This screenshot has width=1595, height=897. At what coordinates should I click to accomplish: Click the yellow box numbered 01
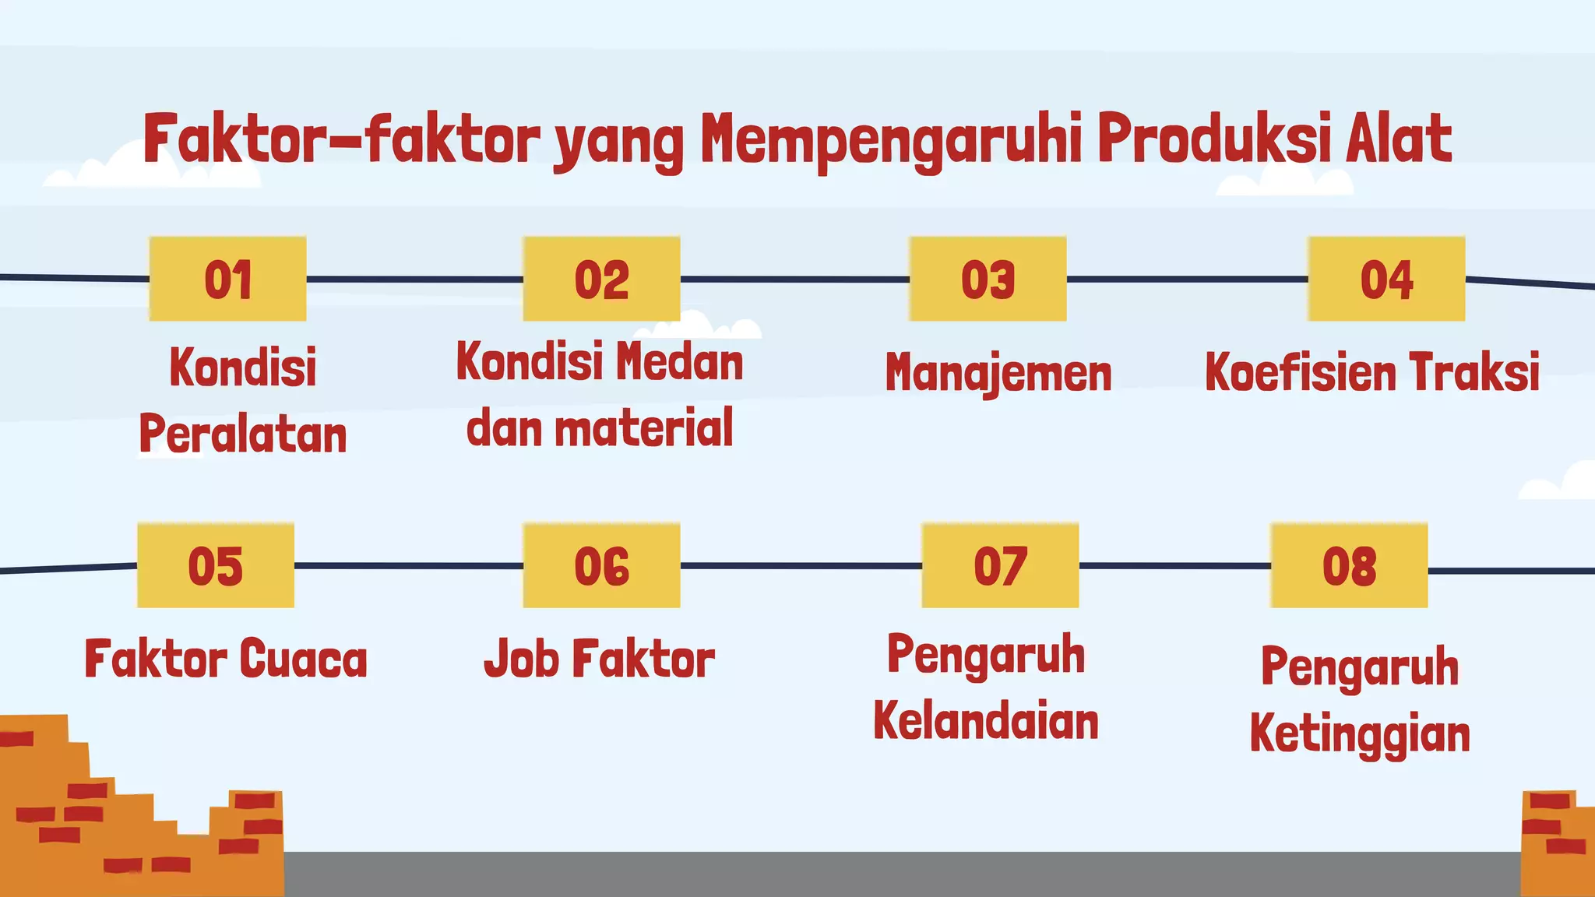tap(227, 279)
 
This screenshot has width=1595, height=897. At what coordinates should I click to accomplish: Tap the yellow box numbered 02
tap(601, 279)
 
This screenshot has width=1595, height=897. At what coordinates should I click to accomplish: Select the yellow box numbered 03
tap(988, 279)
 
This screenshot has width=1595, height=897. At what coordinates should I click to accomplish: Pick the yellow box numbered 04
tap(1386, 279)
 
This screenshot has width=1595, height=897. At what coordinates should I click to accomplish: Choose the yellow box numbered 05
tap(216, 565)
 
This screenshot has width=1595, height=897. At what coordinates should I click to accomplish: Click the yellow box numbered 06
tap(601, 565)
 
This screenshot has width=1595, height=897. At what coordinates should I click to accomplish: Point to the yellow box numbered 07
tap(1000, 565)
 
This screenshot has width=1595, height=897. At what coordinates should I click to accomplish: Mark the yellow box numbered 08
tap(1349, 565)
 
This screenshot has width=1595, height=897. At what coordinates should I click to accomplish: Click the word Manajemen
tap(998, 373)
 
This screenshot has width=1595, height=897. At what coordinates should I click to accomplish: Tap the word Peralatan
tap(243, 434)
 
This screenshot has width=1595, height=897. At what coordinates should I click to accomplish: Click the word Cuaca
tap(303, 659)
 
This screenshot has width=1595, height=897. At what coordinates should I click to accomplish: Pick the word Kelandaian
tap(986, 721)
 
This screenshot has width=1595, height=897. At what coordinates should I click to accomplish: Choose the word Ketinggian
tap(1360, 734)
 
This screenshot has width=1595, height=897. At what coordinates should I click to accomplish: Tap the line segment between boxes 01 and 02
tap(414, 279)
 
